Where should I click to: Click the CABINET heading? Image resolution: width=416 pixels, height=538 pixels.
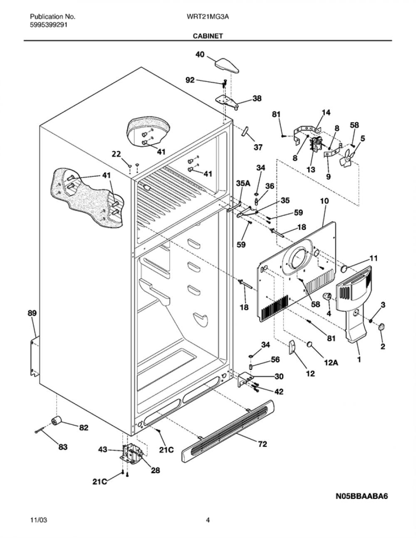click(x=208, y=36)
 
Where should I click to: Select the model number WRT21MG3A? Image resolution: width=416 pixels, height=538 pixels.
click(x=208, y=17)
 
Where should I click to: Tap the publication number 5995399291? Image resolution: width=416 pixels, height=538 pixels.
click(x=49, y=25)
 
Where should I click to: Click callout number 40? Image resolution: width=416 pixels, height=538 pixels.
click(x=200, y=54)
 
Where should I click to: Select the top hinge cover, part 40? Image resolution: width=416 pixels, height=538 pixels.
click(x=227, y=65)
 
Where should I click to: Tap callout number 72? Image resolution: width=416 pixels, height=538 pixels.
click(x=263, y=444)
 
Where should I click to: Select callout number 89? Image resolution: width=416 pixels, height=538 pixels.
click(x=32, y=313)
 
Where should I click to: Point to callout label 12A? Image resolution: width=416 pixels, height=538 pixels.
click(x=331, y=363)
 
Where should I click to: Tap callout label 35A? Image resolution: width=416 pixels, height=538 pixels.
click(x=243, y=183)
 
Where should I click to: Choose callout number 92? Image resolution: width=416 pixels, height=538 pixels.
click(x=190, y=80)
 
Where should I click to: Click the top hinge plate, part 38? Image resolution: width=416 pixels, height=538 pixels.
click(x=227, y=101)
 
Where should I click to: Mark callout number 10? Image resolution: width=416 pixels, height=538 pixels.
click(x=324, y=201)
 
